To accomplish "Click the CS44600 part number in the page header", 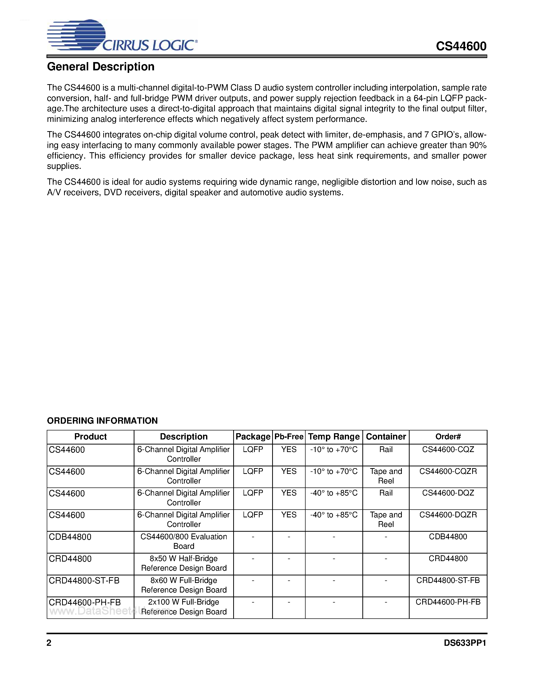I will click(461, 46).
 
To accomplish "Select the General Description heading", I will click(101, 67).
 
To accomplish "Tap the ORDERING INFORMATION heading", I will click(102, 420).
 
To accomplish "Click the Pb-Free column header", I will click(288, 437).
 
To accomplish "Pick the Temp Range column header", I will click(334, 437).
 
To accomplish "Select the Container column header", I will click(386, 437).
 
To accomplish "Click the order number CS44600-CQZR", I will click(448, 471).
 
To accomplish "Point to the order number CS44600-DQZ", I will click(448, 493).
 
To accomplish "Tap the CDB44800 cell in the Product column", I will click(70, 537).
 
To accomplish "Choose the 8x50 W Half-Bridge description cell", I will click(183, 563).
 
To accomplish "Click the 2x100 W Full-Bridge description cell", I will click(183, 607).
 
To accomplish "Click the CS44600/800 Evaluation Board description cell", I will click(183, 541).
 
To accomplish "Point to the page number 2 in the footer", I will click(49, 643).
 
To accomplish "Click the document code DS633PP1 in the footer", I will click(465, 643).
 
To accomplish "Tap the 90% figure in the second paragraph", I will click(478, 145).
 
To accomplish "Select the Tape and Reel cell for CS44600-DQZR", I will click(386, 520).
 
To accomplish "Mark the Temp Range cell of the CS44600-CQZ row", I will click(334, 450).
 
